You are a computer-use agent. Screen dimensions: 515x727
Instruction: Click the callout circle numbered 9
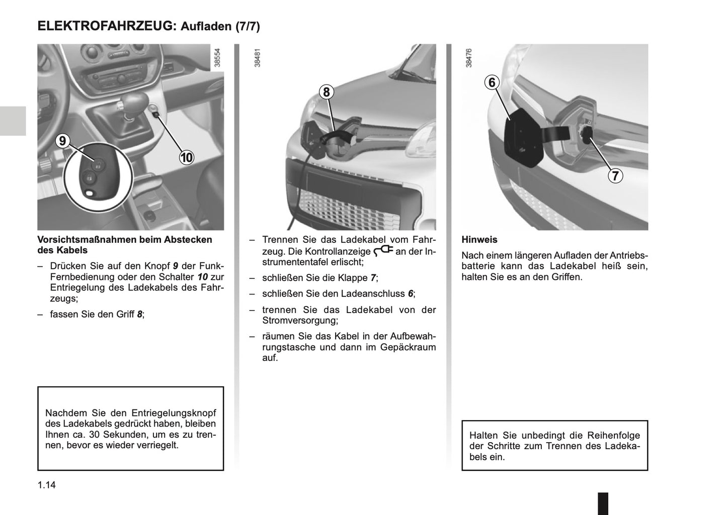(x=62, y=141)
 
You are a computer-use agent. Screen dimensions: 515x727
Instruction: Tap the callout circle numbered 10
(x=186, y=157)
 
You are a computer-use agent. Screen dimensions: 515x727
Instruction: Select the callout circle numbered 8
(x=327, y=92)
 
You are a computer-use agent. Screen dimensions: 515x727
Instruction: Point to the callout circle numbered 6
(x=492, y=82)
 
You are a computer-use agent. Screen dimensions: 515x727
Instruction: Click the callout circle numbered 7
(x=615, y=176)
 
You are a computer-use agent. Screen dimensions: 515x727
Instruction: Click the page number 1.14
(x=46, y=485)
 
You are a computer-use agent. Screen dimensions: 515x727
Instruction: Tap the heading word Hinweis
(x=479, y=240)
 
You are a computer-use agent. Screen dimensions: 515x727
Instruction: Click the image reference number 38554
(x=217, y=58)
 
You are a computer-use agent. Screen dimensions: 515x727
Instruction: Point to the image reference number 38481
(x=258, y=58)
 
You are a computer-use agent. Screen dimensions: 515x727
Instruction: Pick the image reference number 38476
(x=469, y=58)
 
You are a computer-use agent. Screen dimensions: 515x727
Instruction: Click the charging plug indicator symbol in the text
(x=383, y=250)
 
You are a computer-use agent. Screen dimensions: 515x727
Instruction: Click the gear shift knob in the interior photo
(x=134, y=103)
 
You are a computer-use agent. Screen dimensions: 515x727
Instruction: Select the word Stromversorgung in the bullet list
(x=300, y=321)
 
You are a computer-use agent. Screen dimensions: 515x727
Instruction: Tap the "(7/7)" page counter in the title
(x=248, y=27)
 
